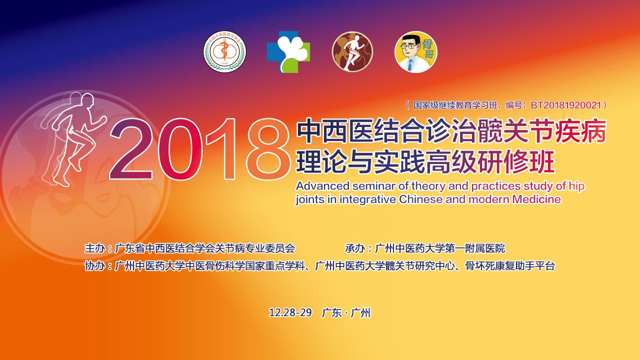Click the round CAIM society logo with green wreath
pos(224,51)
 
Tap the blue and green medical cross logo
pos(288,52)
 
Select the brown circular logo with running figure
pos(352,51)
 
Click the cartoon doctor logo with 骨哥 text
pos(416,51)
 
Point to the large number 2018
pos(199,148)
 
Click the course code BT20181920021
pos(565,105)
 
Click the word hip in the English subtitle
pos(576,186)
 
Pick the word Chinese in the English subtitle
pos(420,199)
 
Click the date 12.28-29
pos(290,312)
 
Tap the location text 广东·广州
pos(346,312)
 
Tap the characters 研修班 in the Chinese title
pos(515,162)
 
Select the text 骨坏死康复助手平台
pos(509,265)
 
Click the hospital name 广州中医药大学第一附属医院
pos(439,248)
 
